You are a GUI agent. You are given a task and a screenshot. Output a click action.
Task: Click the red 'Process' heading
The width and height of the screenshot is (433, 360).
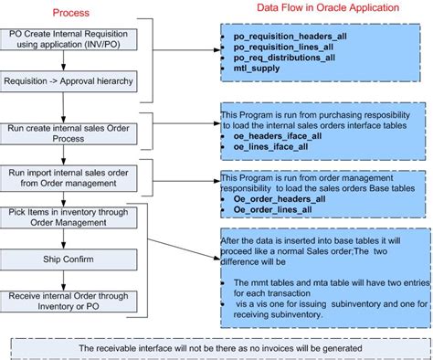coord(70,12)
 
